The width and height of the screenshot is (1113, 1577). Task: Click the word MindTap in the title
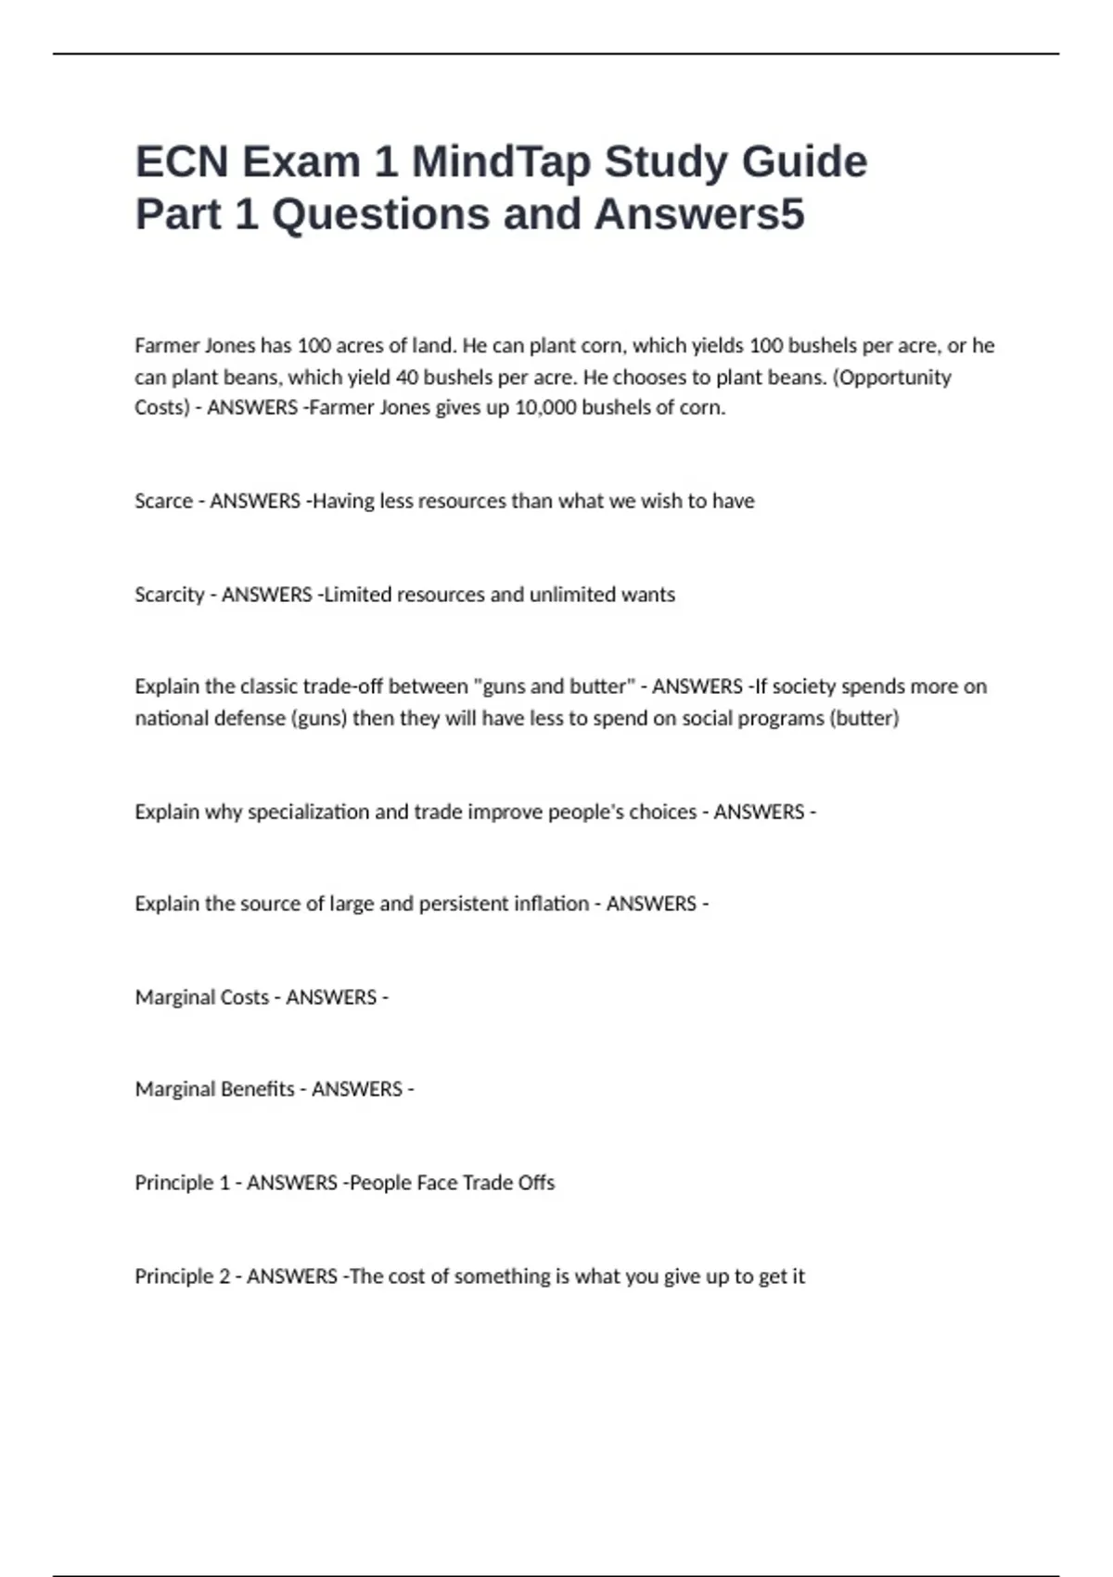[x=501, y=161]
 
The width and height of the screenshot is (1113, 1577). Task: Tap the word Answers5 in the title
[x=699, y=214]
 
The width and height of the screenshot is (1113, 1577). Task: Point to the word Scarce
[x=163, y=501]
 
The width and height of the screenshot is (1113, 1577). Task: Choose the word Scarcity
[x=169, y=595]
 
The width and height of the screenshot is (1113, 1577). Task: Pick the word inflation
[x=551, y=904]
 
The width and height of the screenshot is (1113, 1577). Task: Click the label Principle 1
[x=182, y=1183]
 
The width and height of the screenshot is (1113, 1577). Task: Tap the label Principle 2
[x=182, y=1276]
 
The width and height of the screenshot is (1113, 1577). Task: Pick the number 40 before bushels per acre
[x=407, y=378]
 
